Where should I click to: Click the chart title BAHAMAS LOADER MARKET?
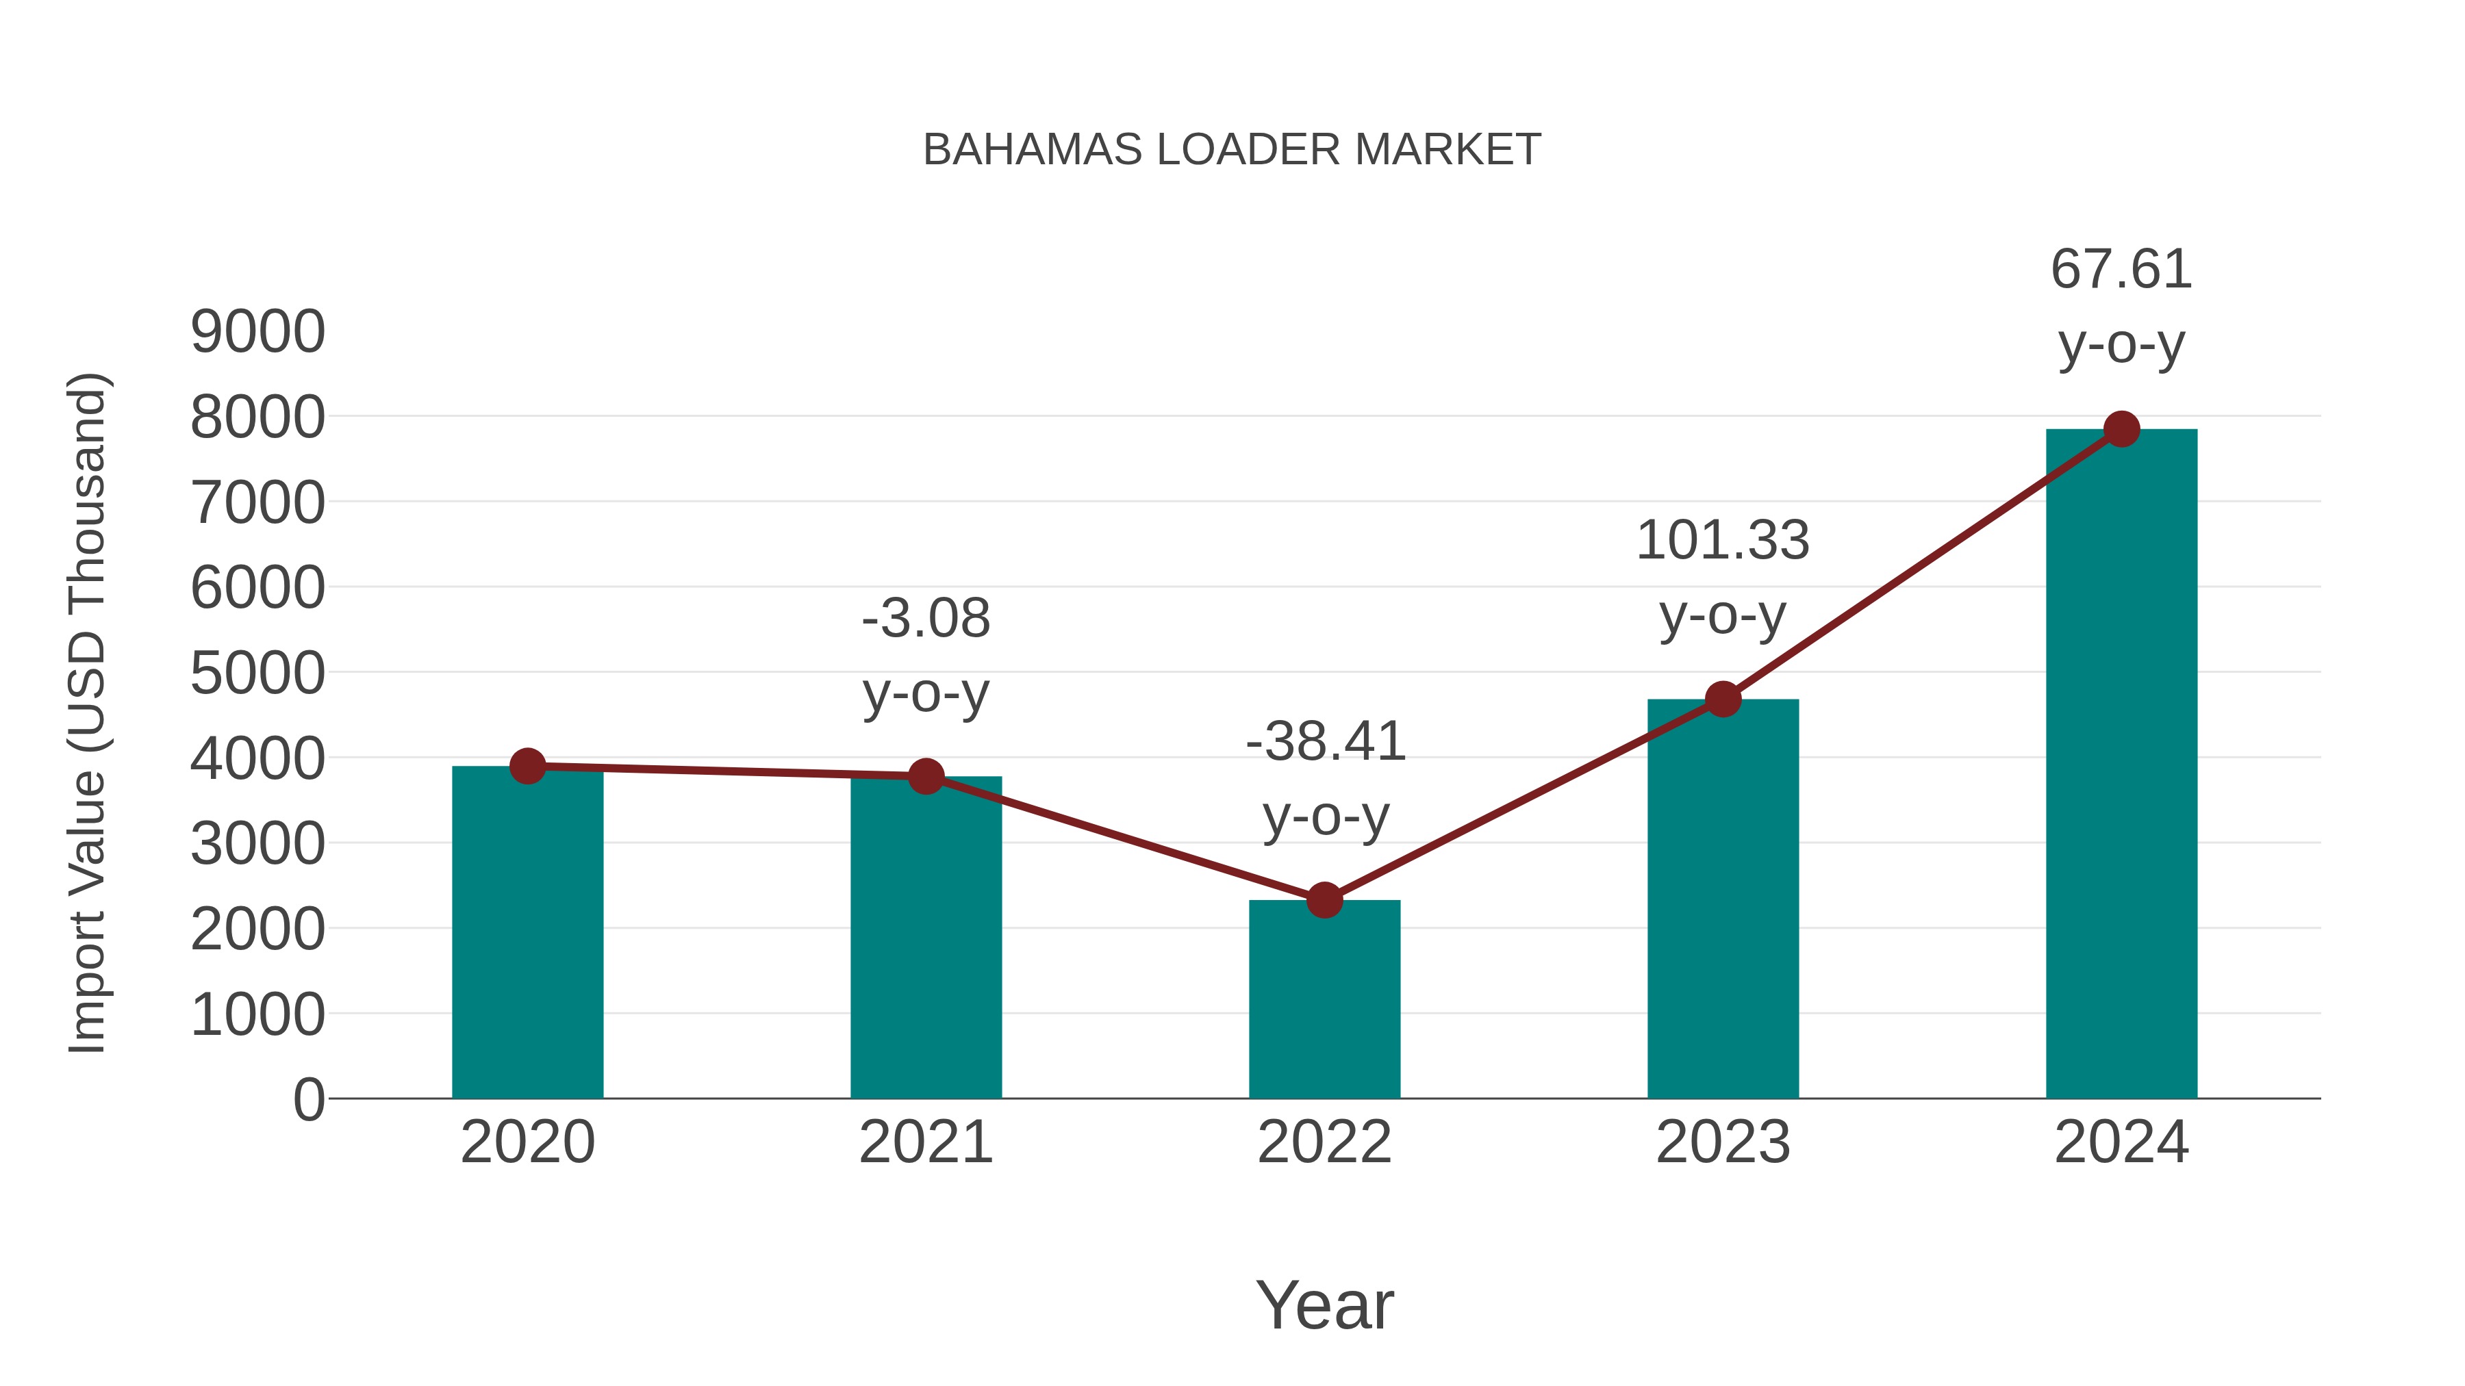[1232, 149]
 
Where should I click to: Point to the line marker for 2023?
[1723, 700]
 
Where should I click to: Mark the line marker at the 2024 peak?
[2121, 429]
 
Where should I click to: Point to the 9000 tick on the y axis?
[257, 332]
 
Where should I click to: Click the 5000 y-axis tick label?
[257, 673]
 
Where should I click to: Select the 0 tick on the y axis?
[308, 1099]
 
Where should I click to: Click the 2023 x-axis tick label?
[1723, 1142]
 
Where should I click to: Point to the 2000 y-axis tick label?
[257, 929]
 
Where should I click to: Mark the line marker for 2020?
[527, 766]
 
